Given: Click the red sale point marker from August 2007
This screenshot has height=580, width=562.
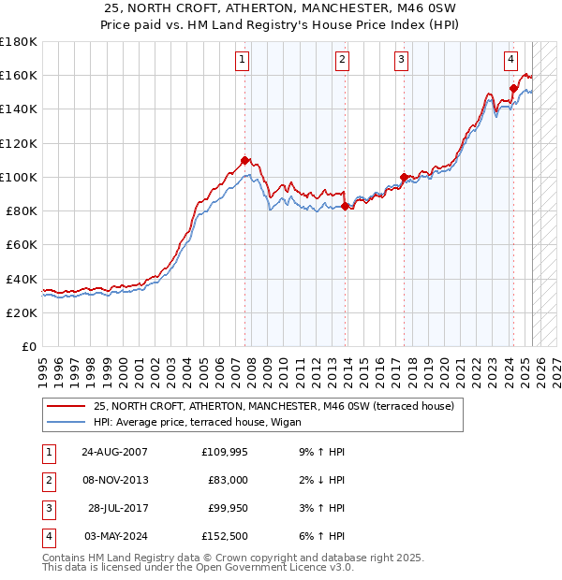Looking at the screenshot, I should [245, 160].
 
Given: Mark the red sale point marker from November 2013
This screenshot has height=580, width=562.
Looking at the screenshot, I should [346, 206].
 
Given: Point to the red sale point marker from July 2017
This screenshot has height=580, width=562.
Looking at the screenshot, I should [404, 177].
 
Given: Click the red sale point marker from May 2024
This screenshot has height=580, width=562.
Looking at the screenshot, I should [513, 89].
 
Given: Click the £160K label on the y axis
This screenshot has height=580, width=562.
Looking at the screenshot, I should [19, 75].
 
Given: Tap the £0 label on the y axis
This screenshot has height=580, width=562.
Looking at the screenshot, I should [27, 347].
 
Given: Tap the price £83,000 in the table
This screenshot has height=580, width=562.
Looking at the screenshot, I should [228, 480].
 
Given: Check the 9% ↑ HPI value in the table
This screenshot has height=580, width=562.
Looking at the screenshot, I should [321, 452].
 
